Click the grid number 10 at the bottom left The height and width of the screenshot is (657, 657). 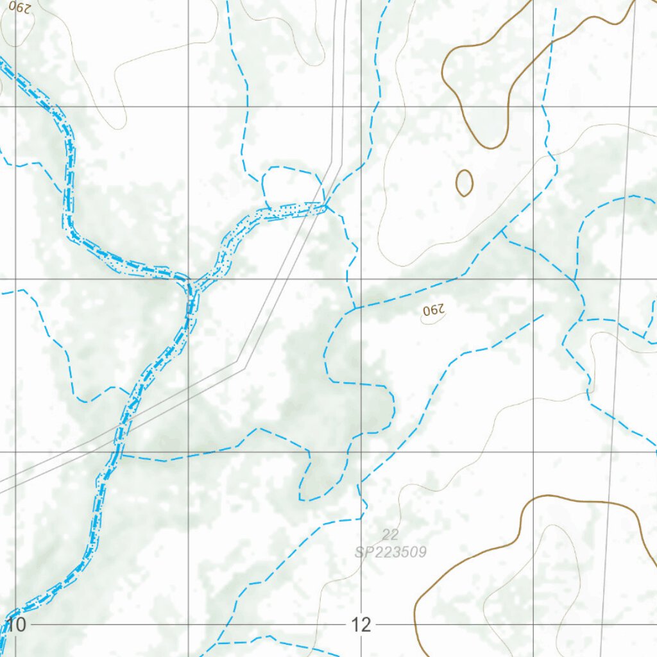point(16,624)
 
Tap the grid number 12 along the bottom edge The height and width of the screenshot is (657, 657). point(361,624)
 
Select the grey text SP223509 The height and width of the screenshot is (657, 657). point(390,552)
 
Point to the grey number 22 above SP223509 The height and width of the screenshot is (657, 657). point(389,534)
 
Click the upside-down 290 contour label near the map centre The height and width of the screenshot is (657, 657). point(434,311)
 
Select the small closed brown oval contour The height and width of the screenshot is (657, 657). point(465,183)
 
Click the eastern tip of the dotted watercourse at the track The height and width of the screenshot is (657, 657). point(325,207)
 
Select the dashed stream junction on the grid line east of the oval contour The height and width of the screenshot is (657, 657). point(575,280)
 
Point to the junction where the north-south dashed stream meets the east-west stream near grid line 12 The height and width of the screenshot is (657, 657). point(355,308)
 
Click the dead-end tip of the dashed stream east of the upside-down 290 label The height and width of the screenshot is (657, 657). point(543,314)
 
